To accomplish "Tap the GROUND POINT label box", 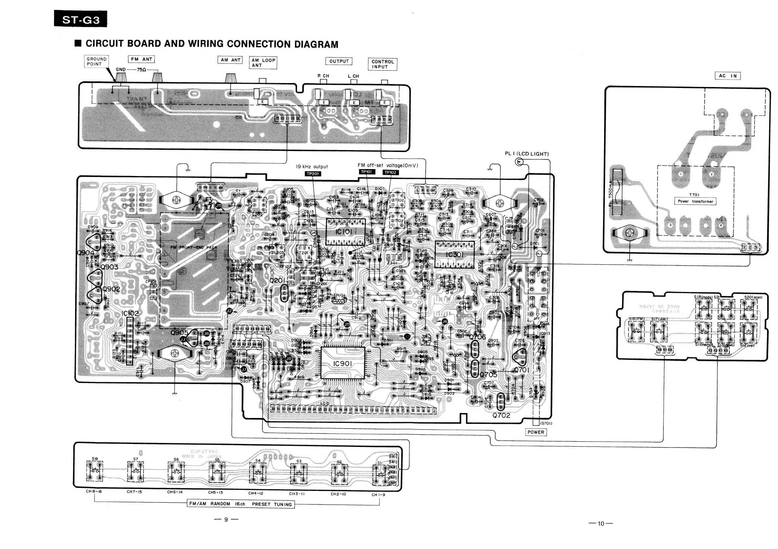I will pos(96,61).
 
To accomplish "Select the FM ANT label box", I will pos(141,59).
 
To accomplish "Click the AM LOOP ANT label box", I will pos(263,63).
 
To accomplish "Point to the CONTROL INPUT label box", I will pos(382,64).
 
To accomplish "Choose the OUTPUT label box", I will pos(339,61).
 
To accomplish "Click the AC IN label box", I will pos(727,76).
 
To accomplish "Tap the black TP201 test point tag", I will pos(313,174).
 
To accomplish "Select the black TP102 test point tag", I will pos(390,172).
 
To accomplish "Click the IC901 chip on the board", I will pos(343,363).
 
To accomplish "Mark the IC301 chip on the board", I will pos(454,254).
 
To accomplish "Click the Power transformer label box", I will pos(695,201).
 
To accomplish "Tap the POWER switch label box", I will pos(535,432).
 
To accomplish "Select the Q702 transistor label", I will pos(501,415).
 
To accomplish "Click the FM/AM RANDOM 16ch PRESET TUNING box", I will pos(241,504).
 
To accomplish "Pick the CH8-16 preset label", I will pos(94,491).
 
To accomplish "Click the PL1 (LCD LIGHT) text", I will pos(527,154).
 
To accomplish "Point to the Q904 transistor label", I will pos(85,253).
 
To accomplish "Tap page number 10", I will pos(600,524).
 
